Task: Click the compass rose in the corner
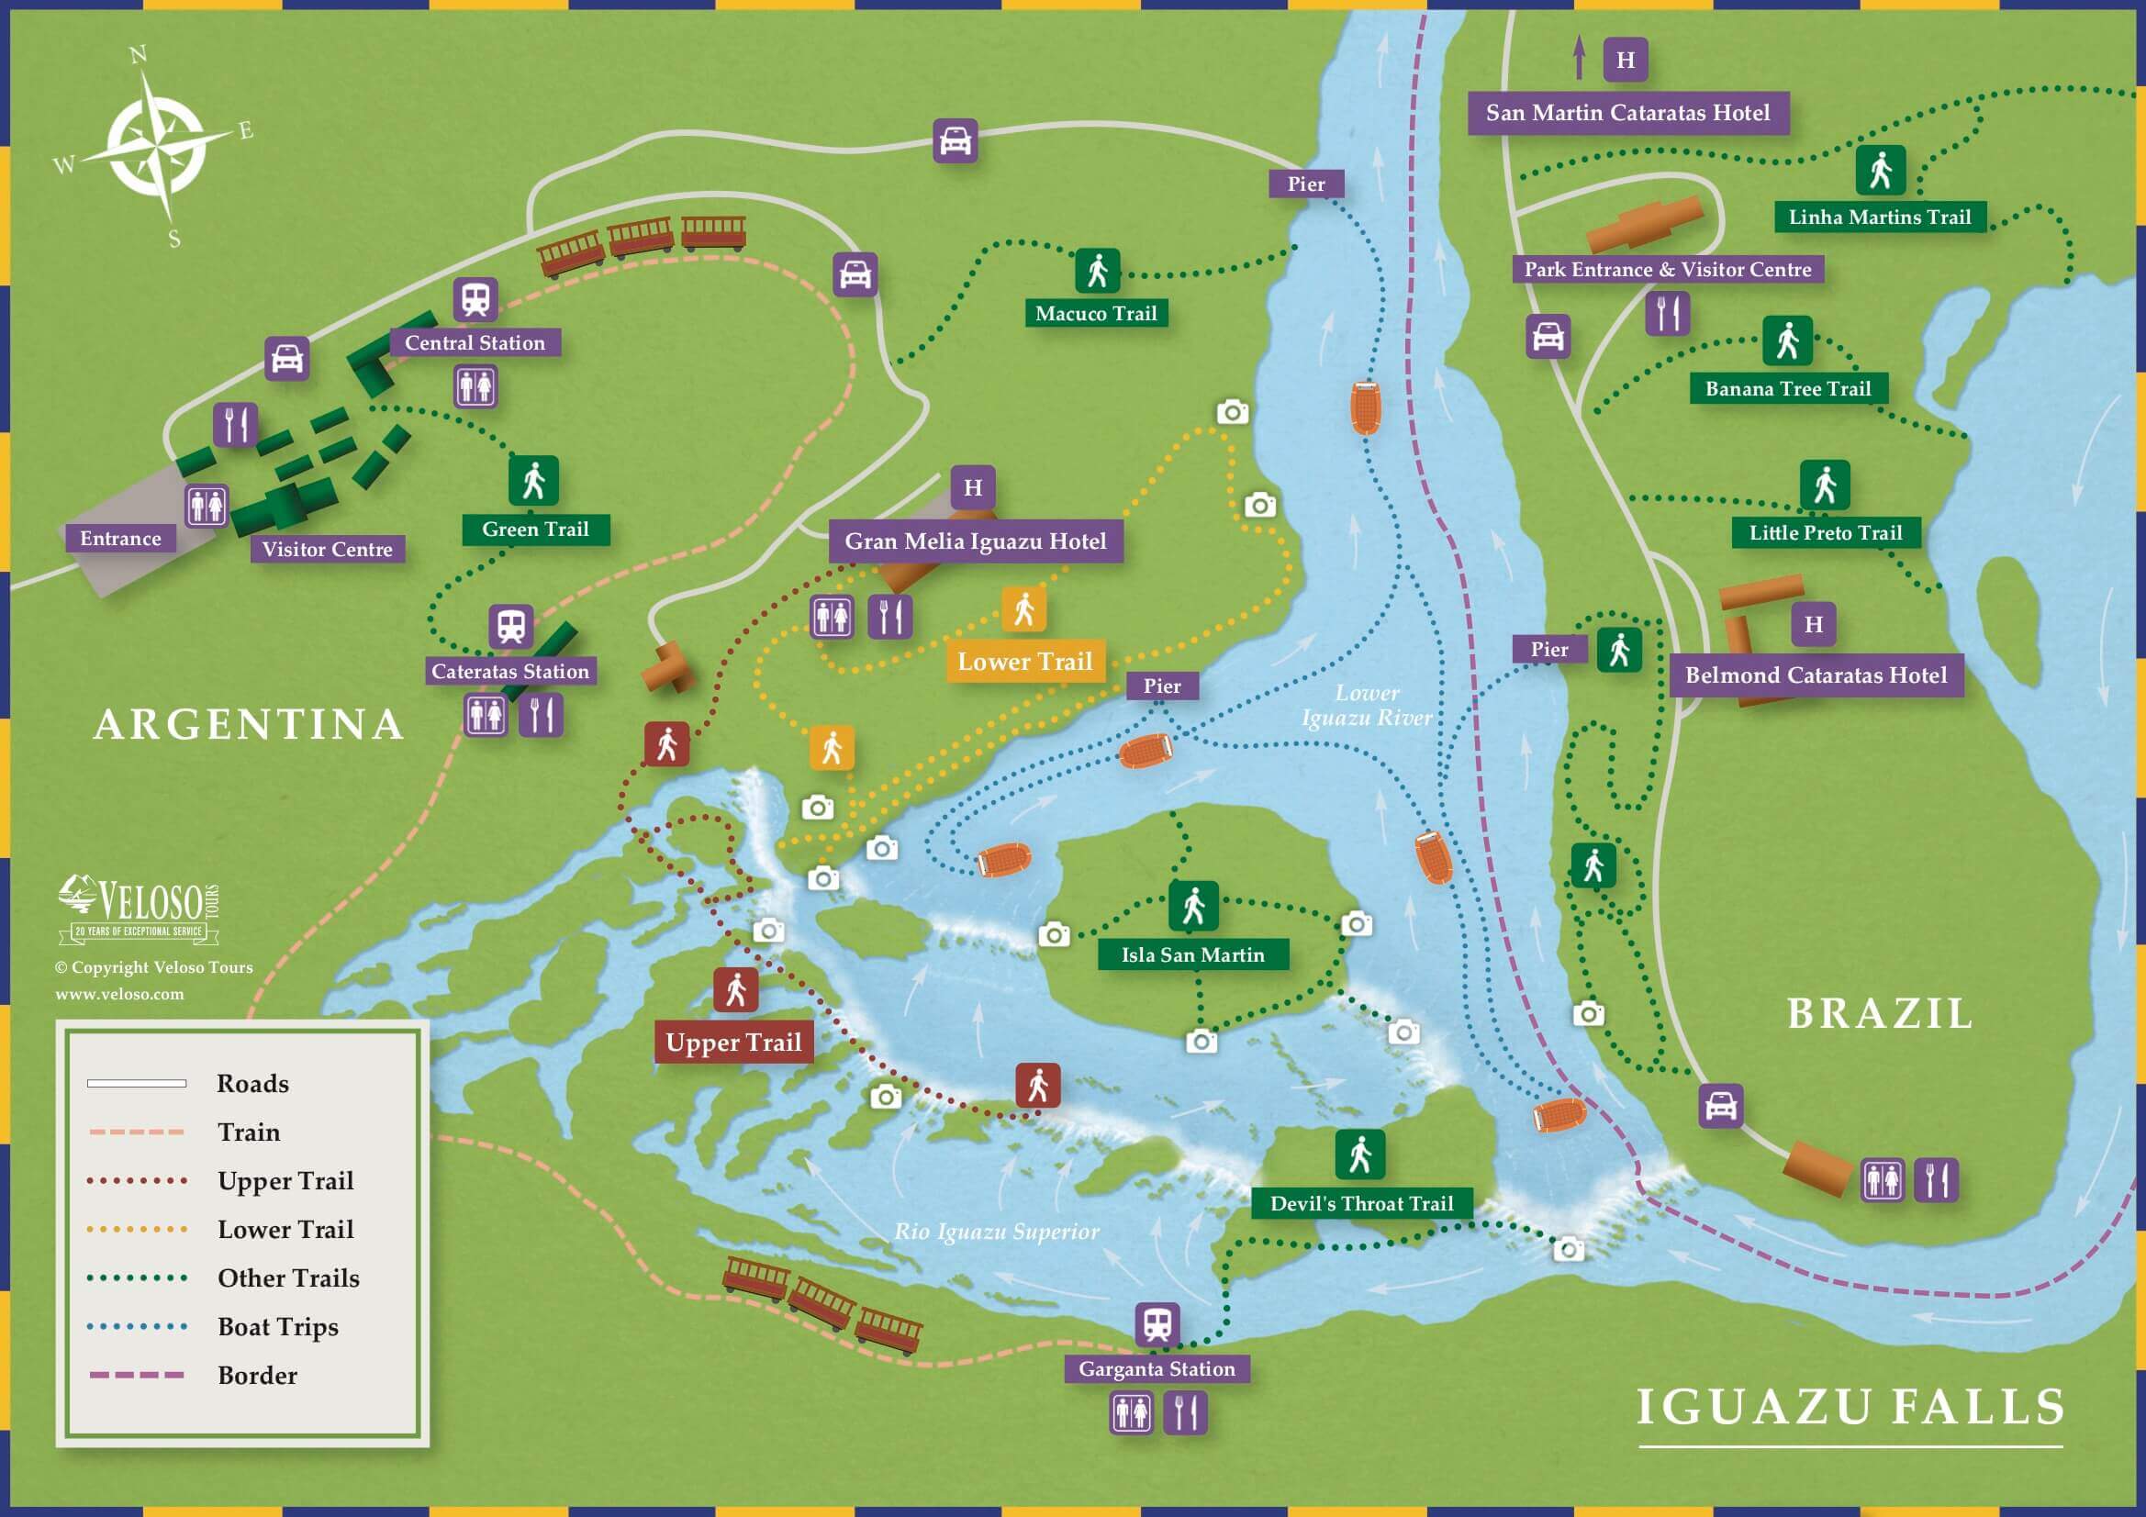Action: pyautogui.click(x=154, y=148)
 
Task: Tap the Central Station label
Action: pyautogui.click(x=475, y=343)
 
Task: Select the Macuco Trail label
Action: pyautogui.click(x=1095, y=314)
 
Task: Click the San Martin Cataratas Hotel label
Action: pyautogui.click(x=1627, y=113)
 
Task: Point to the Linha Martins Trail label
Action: pyautogui.click(x=1879, y=218)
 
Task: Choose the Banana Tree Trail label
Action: pyautogui.click(x=1787, y=389)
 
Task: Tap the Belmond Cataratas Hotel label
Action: pyautogui.click(x=1816, y=675)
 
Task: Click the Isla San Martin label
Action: pyautogui.click(x=1192, y=955)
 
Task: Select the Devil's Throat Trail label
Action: pyautogui.click(x=1361, y=1204)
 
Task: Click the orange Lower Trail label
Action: pyautogui.click(x=1024, y=662)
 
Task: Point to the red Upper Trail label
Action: pyautogui.click(x=732, y=1043)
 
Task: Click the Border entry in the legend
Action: pyautogui.click(x=257, y=1375)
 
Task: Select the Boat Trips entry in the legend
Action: pyautogui.click(x=277, y=1326)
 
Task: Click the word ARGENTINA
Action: pyautogui.click(x=249, y=725)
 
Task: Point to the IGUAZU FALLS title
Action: pyautogui.click(x=1850, y=1408)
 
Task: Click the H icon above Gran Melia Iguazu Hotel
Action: pyautogui.click(x=973, y=488)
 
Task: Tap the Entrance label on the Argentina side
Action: pyautogui.click(x=120, y=539)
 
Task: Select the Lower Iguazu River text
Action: pyautogui.click(x=1367, y=706)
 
